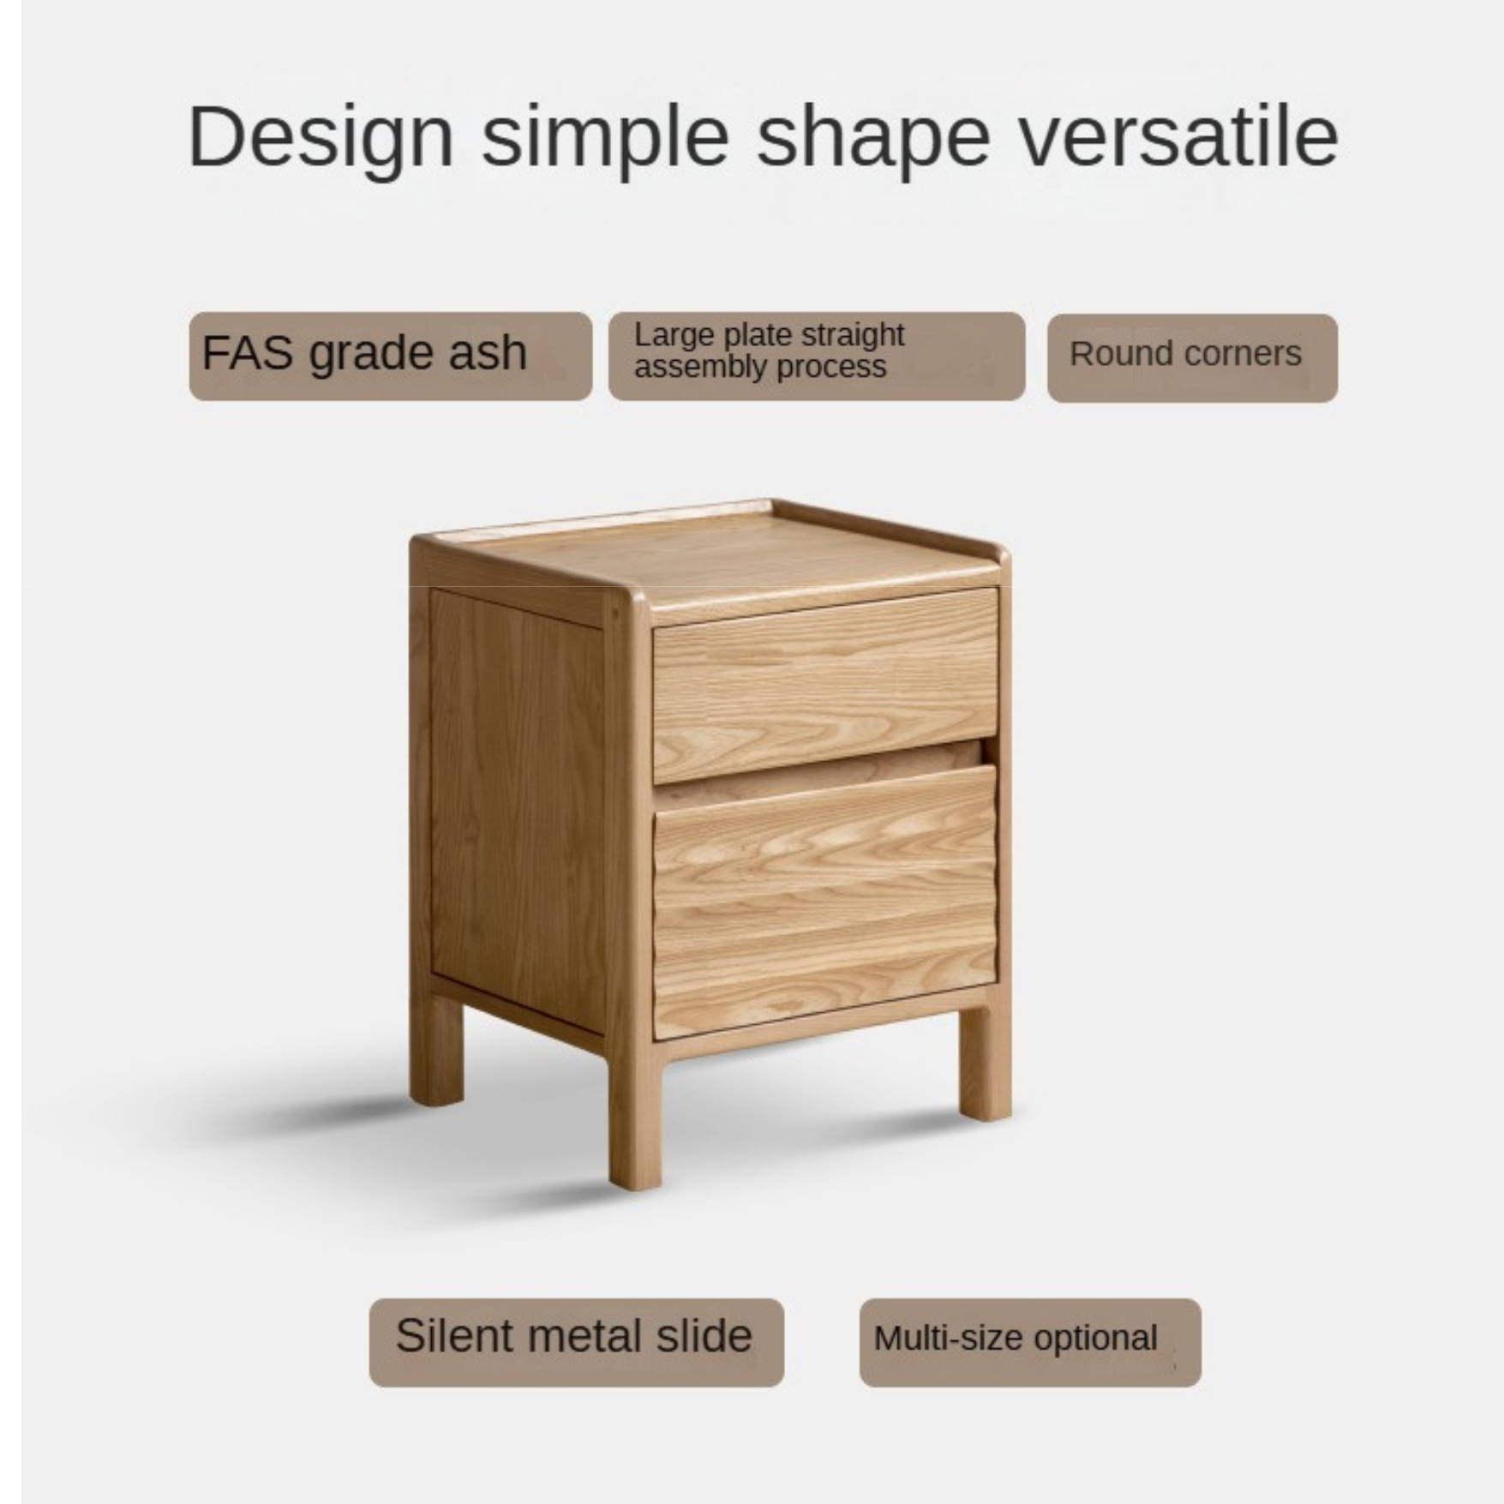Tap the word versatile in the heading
(1177, 137)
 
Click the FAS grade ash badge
(390, 356)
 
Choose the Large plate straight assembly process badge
(816, 356)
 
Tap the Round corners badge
(1191, 357)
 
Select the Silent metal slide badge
(576, 1341)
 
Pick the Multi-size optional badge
(1029, 1342)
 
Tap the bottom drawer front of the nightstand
(824, 900)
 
